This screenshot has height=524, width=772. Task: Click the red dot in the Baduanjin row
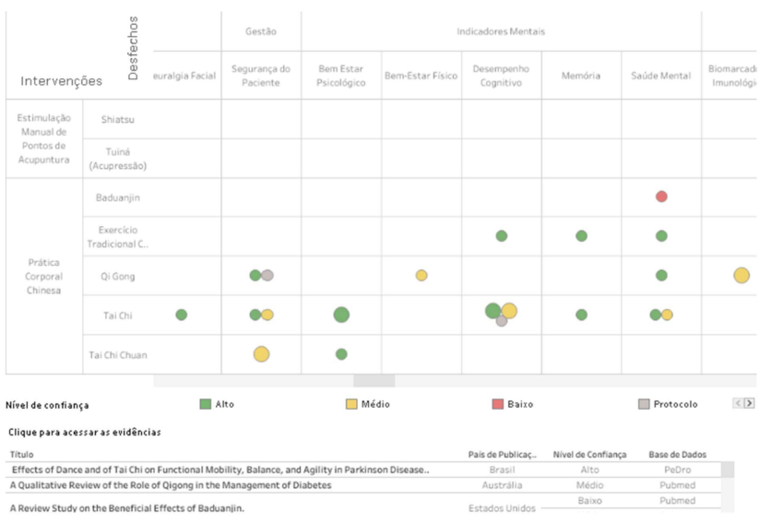point(661,196)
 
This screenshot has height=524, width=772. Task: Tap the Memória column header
point(581,76)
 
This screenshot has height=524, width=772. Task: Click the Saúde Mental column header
point(661,76)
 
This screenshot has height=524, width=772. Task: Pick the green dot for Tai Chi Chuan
point(341,354)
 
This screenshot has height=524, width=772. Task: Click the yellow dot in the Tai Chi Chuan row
point(261,353)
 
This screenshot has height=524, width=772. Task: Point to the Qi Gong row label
point(117,276)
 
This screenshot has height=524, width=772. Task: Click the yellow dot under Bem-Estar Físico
point(422,275)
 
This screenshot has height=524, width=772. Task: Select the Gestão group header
point(261,31)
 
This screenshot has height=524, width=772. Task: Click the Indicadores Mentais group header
point(501,31)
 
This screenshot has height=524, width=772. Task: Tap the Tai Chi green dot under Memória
point(581,315)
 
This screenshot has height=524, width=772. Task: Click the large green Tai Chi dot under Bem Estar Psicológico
point(341,315)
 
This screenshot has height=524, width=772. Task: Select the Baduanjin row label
point(118,197)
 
